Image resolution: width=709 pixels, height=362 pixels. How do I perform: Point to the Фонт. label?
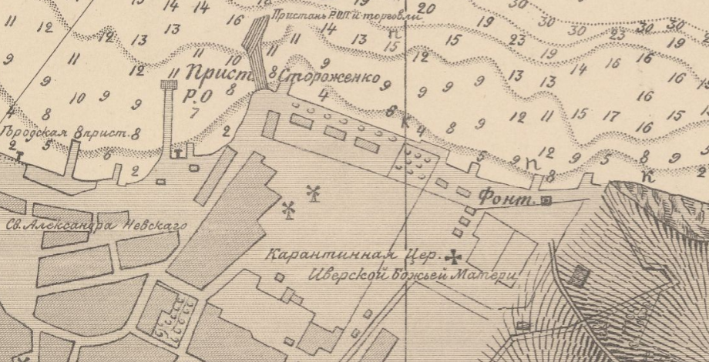point(506,199)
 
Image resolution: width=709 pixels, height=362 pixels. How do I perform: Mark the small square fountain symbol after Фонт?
point(546,202)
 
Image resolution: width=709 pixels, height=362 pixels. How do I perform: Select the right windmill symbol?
point(313,193)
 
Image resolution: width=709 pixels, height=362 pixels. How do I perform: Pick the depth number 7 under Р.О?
point(194,112)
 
